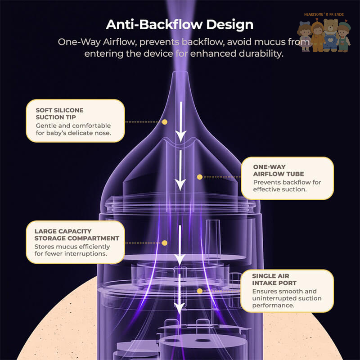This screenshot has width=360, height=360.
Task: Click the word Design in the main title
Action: tap(230, 25)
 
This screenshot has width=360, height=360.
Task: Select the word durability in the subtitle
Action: tap(261, 53)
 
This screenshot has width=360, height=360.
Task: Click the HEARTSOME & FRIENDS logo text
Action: tap(324, 14)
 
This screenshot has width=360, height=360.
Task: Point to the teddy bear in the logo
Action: tap(331, 34)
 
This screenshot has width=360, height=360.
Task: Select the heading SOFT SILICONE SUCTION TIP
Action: tap(59, 114)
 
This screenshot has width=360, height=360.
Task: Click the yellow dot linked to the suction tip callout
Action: tap(165, 122)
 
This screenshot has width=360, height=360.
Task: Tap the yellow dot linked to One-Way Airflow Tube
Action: tap(200, 177)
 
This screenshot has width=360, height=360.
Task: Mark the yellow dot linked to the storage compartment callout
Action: tap(165, 243)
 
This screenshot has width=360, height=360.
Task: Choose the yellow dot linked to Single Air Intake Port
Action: tap(200, 291)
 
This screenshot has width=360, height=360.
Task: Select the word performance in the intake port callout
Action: tap(273, 305)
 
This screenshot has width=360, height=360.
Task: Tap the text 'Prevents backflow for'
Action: tap(287, 182)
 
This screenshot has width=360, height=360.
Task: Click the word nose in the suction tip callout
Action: tap(103, 133)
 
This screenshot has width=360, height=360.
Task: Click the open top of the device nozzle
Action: tap(180, 73)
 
